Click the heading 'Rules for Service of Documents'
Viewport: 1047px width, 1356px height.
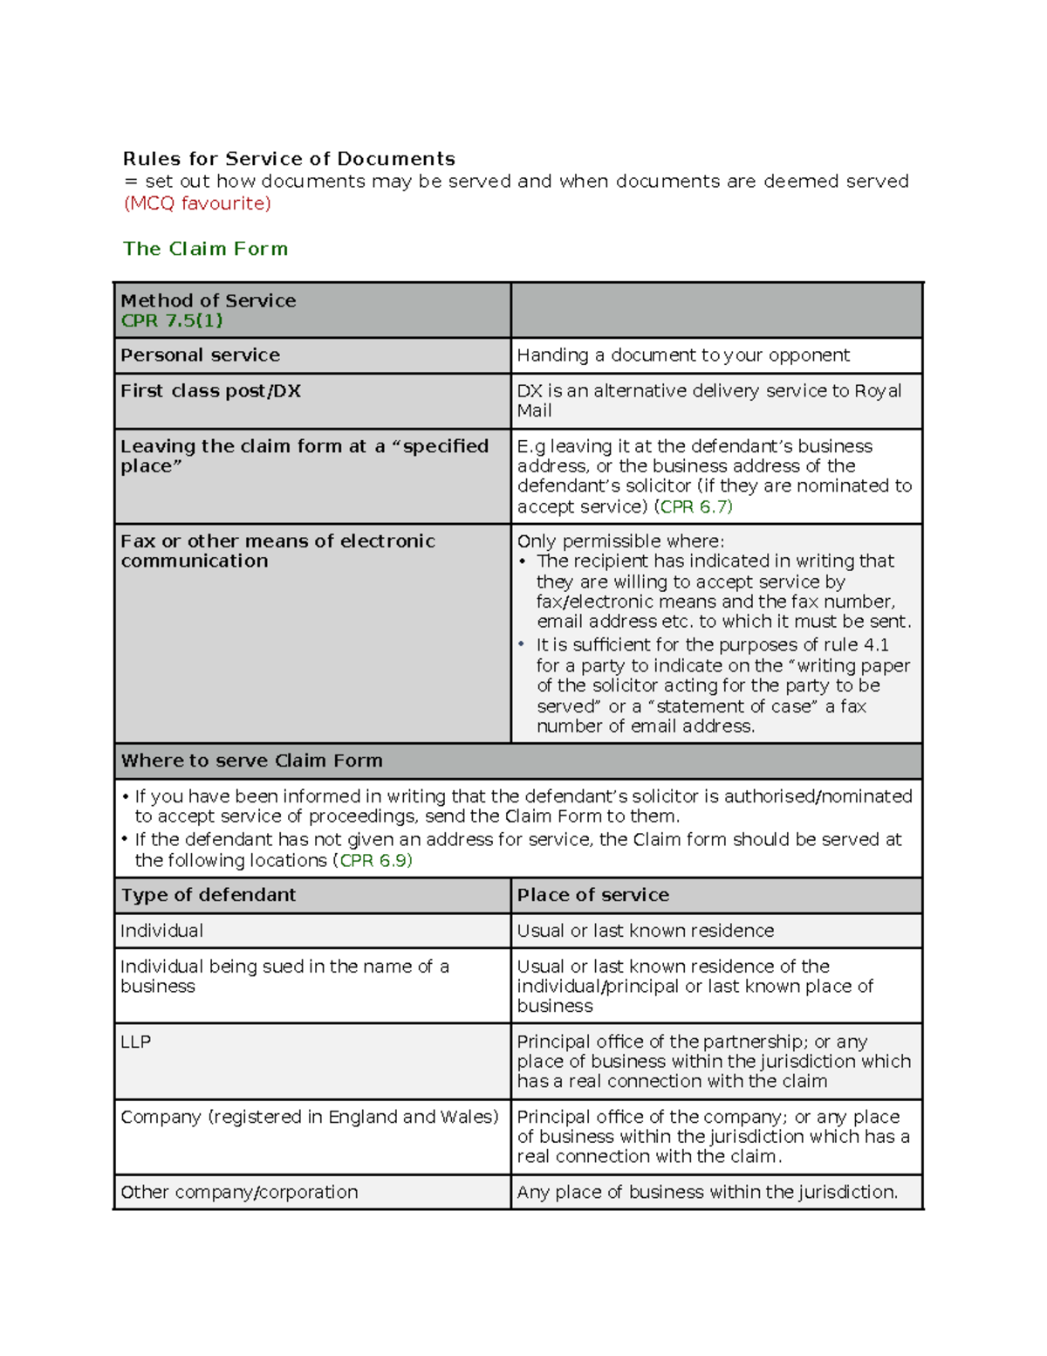click(x=289, y=159)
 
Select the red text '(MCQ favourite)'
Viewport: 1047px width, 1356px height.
click(x=197, y=203)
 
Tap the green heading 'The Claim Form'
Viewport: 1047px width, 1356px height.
click(x=205, y=249)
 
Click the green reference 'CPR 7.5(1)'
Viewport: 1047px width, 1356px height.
click(x=172, y=321)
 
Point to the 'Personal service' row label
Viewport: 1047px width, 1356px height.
click(x=201, y=355)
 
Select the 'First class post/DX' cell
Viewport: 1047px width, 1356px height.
click(x=210, y=391)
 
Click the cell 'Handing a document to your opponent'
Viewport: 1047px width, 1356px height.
click(x=683, y=355)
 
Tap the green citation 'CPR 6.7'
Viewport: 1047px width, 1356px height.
click(x=695, y=507)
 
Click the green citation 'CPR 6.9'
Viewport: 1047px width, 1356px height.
click(x=375, y=861)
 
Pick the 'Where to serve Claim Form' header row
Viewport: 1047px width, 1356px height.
click(x=252, y=761)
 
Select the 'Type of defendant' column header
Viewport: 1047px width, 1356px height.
click(x=209, y=895)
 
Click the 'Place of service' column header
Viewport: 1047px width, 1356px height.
click(x=592, y=895)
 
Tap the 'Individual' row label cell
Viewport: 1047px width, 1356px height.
click(x=162, y=931)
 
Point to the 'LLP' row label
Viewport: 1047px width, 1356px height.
click(x=136, y=1042)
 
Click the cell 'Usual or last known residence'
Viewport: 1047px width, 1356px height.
click(x=645, y=931)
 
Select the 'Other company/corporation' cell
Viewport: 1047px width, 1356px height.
click(x=239, y=1192)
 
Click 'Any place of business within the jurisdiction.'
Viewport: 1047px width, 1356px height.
click(x=707, y=1192)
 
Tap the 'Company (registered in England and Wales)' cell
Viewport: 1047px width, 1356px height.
click(x=310, y=1117)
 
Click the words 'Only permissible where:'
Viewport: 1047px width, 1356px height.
click(x=620, y=541)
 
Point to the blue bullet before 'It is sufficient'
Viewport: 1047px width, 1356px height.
click(x=522, y=644)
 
